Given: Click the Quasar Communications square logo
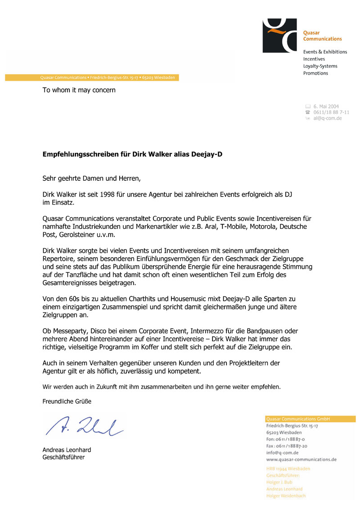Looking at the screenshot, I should click(279, 36).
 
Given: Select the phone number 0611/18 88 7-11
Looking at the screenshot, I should click(331, 112).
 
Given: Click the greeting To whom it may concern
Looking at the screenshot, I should click(79, 90).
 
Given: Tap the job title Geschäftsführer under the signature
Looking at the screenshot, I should click(63, 457).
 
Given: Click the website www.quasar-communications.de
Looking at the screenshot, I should click(301, 460).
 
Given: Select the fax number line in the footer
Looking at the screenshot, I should click(287, 446).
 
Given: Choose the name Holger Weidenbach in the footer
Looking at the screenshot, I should click(286, 496).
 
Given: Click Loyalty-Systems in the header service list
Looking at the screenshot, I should click(320, 66).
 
